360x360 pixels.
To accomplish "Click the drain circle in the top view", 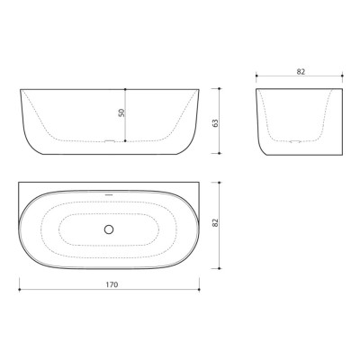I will (x=109, y=229).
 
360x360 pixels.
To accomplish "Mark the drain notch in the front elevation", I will (x=109, y=141).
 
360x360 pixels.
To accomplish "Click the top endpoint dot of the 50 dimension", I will (x=125, y=89).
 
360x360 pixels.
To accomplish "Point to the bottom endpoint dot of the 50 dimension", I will (x=125, y=141).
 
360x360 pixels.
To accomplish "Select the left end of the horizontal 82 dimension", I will (x=256, y=76).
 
